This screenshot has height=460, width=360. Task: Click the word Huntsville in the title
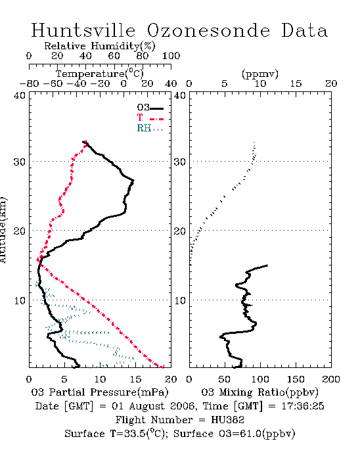(x=83, y=30)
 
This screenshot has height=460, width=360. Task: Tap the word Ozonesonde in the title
(x=208, y=30)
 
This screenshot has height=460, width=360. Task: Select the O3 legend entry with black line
(x=150, y=108)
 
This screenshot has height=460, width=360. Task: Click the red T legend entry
(x=150, y=118)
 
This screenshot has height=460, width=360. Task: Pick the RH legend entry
(x=150, y=128)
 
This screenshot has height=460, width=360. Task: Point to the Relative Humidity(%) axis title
(x=99, y=46)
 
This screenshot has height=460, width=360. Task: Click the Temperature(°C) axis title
(x=99, y=74)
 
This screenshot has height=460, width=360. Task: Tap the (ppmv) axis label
(x=260, y=74)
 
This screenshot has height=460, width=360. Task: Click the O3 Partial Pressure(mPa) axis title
(x=100, y=392)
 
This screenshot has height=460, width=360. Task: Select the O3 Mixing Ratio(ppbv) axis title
(x=259, y=392)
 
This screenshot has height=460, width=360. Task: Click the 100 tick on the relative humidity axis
(x=171, y=56)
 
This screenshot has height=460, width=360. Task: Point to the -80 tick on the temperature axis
(x=29, y=84)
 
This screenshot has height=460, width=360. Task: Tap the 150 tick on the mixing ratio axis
(x=296, y=379)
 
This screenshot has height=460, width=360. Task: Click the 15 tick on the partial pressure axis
(x=135, y=379)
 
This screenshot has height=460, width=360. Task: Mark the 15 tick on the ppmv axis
(x=296, y=84)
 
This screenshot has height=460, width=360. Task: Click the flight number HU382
(x=227, y=420)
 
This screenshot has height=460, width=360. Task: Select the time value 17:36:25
(x=303, y=406)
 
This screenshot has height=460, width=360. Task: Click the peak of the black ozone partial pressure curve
(x=133, y=181)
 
